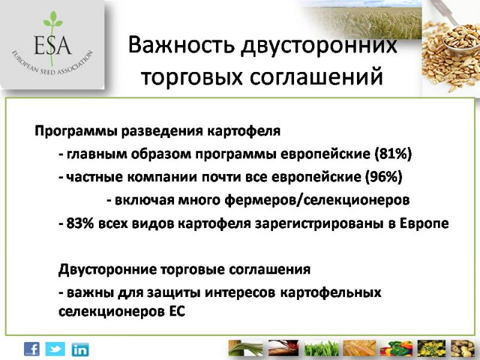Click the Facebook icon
[x=32, y=349]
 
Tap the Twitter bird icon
[x=55, y=349]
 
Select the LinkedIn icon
[x=80, y=350]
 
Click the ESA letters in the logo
[x=53, y=45]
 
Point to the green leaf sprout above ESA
[x=53, y=20]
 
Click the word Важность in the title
[x=181, y=44]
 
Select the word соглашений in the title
[x=316, y=77]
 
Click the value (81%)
[x=394, y=154]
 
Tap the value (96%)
[x=384, y=177]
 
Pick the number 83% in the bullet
[x=80, y=223]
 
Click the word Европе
[x=424, y=224]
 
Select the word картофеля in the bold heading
[x=244, y=131]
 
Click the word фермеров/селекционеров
[x=317, y=200]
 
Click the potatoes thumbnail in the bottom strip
[x=462, y=349]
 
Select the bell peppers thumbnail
[x=396, y=349]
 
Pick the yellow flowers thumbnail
[x=431, y=349]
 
